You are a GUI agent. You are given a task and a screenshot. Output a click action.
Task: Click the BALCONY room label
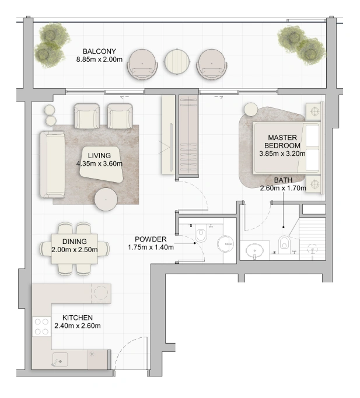pyautogui.click(x=99, y=51)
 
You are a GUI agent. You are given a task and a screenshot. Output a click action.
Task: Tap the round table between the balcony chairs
pyautogui.click(x=177, y=61)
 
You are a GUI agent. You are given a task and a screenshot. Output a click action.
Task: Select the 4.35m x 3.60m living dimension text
pyautogui.click(x=99, y=164)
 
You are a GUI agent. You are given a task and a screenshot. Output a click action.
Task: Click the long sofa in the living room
pyautogui.click(x=53, y=165)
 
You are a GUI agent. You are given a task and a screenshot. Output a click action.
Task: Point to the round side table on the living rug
pyautogui.click(x=106, y=199)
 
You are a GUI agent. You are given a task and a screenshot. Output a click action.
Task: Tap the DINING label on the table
pyautogui.click(x=74, y=242)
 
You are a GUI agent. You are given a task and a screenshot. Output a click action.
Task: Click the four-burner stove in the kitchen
pyautogui.click(x=41, y=326)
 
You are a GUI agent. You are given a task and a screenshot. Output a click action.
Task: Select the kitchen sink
pyautogui.click(x=60, y=359)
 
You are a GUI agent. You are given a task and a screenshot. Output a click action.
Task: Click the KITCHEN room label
pyautogui.click(x=78, y=317)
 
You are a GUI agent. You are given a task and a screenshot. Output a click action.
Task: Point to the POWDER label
pyautogui.click(x=151, y=239)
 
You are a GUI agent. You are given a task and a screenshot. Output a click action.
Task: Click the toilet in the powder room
pyautogui.click(x=201, y=234)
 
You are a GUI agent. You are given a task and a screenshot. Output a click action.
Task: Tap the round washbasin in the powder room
pyautogui.click(x=226, y=244)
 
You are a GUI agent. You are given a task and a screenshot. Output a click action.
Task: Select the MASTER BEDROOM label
pyautogui.click(x=282, y=142)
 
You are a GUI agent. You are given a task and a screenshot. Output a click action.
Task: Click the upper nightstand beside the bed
pyautogui.click(x=314, y=111)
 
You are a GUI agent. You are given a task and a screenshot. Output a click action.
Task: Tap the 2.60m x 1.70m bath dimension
pyautogui.click(x=283, y=188)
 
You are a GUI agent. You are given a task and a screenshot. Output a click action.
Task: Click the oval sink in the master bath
pyautogui.click(x=254, y=250)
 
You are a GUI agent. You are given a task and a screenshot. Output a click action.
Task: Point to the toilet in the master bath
pyautogui.click(x=284, y=242)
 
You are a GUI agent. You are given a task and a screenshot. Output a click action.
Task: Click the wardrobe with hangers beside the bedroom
pyautogui.click(x=188, y=134)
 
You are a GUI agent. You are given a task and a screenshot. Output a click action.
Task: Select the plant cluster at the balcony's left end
pyautogui.click(x=51, y=45)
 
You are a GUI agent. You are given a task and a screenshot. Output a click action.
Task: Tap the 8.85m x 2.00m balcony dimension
pyautogui.click(x=99, y=60)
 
